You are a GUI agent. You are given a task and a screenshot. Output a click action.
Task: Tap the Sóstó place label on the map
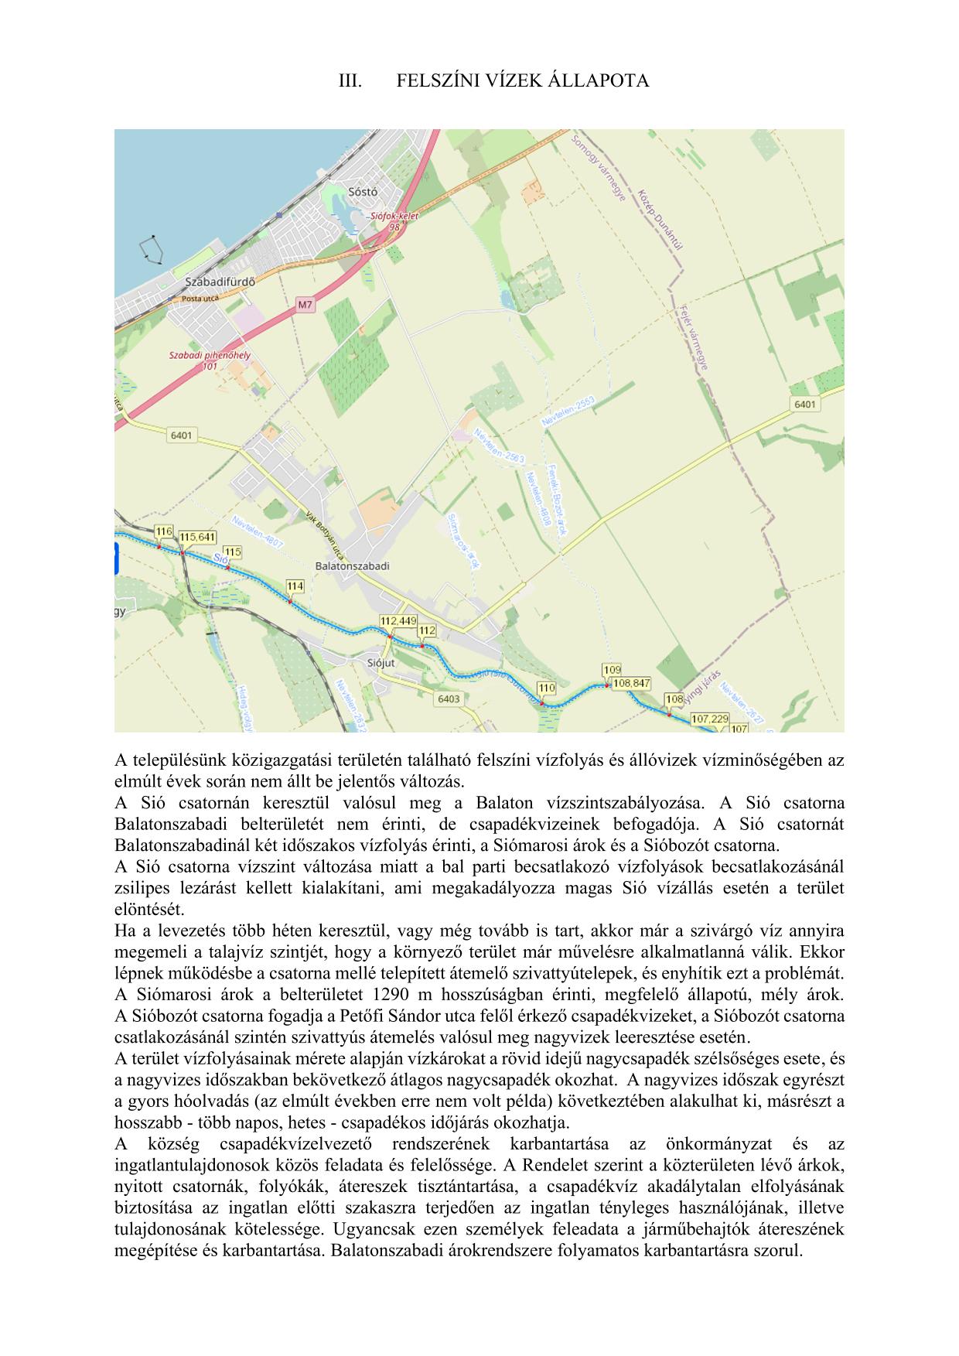click(x=363, y=192)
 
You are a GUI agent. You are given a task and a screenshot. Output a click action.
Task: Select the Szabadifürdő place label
click(x=220, y=282)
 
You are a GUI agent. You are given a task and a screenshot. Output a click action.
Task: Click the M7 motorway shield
click(x=305, y=305)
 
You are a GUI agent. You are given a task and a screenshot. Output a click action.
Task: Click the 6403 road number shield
click(x=449, y=699)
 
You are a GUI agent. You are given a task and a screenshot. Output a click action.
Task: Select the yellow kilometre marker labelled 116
click(x=163, y=531)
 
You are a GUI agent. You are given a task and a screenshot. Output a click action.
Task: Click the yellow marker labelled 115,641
click(x=197, y=537)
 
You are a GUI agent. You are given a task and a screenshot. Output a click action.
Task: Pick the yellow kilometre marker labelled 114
click(x=295, y=586)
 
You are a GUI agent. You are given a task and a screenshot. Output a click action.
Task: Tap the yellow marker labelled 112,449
click(x=398, y=621)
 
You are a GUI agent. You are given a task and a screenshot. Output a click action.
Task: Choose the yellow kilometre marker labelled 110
click(x=546, y=688)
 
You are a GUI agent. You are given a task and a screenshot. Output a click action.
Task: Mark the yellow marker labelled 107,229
click(x=709, y=719)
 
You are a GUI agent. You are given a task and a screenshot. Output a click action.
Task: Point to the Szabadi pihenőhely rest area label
click(x=210, y=356)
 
